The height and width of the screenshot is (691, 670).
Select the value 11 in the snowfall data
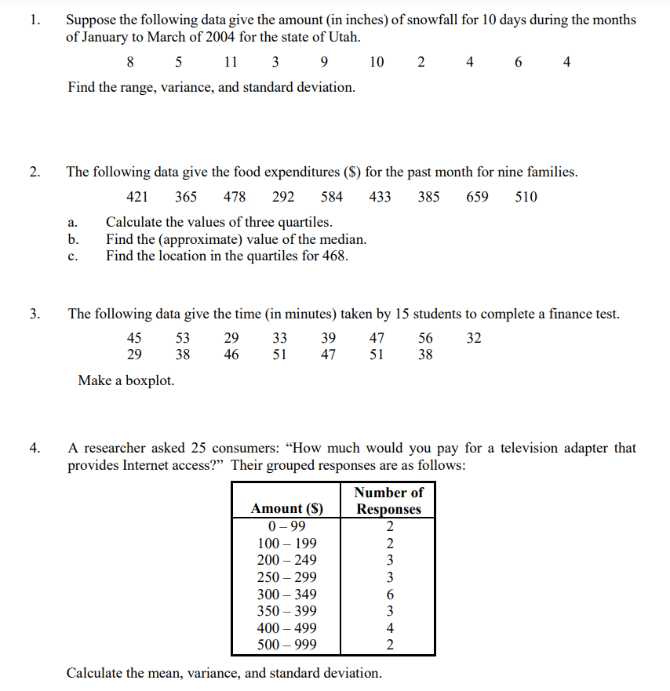pyautogui.click(x=230, y=62)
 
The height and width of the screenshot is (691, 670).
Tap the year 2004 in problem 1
pyautogui.click(x=199, y=36)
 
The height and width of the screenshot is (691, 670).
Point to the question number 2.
pyautogui.click(x=34, y=172)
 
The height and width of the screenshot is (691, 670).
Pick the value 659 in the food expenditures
pyautogui.click(x=477, y=197)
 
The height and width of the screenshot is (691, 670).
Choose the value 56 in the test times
pyautogui.click(x=425, y=338)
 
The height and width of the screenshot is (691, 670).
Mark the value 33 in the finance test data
pyautogui.click(x=279, y=338)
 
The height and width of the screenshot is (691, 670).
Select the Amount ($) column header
pyautogui.click(x=286, y=508)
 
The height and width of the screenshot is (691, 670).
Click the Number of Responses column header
pyautogui.click(x=388, y=500)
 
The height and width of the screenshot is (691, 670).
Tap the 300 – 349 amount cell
pyautogui.click(x=286, y=594)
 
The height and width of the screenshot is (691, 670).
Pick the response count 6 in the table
pyautogui.click(x=389, y=594)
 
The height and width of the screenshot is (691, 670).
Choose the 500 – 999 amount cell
pyautogui.click(x=286, y=646)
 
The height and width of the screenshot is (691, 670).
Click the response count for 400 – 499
pyautogui.click(x=389, y=628)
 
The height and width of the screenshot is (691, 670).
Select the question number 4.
pyautogui.click(x=34, y=449)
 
